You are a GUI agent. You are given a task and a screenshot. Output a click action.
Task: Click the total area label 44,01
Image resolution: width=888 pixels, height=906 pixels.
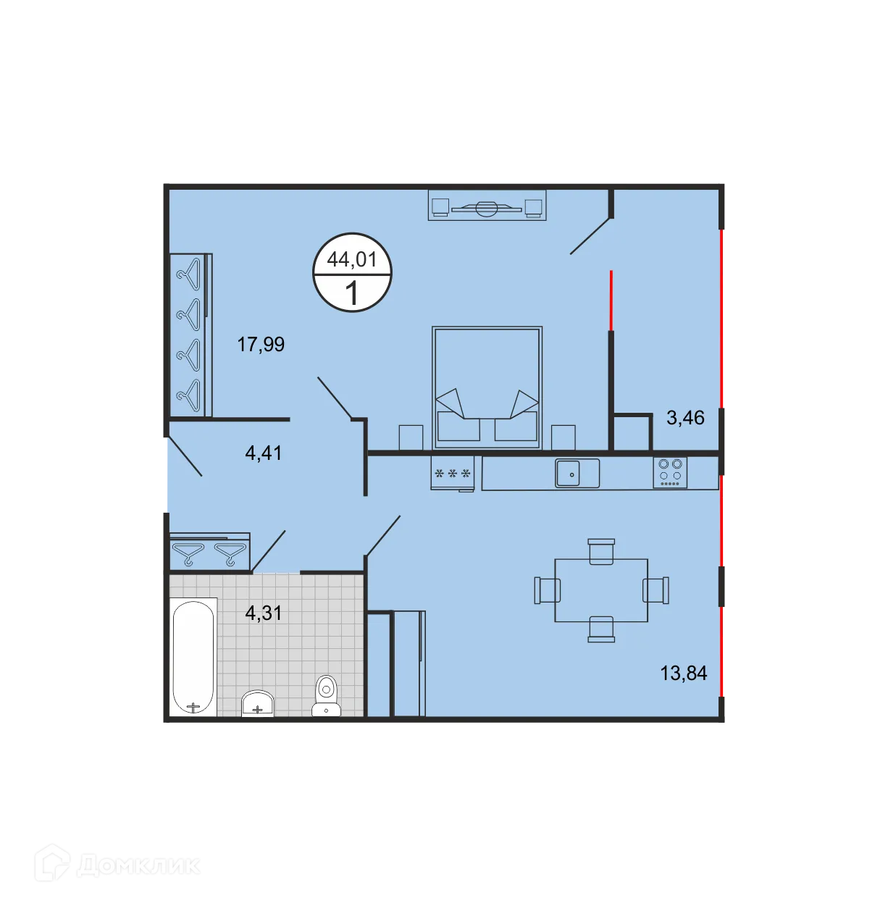(x=352, y=259)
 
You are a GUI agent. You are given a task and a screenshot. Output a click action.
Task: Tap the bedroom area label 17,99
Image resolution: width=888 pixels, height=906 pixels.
(x=261, y=344)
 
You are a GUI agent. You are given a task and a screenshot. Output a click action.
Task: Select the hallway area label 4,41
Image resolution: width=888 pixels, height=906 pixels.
(x=264, y=453)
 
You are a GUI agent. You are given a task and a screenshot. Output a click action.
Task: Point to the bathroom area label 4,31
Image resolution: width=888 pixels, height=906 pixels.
(x=264, y=613)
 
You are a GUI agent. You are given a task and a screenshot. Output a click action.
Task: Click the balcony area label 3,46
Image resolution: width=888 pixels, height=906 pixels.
(x=685, y=418)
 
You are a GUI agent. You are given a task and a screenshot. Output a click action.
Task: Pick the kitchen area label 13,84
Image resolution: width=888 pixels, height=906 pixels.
(x=683, y=674)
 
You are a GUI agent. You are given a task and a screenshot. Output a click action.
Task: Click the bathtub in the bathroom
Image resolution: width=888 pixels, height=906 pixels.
(x=193, y=657)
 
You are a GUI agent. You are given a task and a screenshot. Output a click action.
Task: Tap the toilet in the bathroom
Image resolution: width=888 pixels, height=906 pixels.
(x=327, y=696)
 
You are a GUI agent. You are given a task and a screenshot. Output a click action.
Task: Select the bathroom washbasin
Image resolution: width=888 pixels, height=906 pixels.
(x=257, y=703)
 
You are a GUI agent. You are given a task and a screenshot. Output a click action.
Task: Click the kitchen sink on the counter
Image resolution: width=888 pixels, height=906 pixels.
(x=577, y=474)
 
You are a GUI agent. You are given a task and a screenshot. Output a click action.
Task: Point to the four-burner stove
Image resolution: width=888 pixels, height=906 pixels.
(x=670, y=472)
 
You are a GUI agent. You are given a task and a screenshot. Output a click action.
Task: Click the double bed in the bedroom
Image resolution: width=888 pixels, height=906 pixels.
(x=487, y=387)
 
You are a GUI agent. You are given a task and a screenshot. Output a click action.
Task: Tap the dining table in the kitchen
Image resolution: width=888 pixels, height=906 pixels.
(x=601, y=590)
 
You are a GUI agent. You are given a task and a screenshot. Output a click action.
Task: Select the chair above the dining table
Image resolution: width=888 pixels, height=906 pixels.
(x=601, y=551)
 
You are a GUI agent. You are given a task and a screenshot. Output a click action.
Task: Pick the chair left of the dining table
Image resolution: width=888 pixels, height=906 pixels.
(x=548, y=590)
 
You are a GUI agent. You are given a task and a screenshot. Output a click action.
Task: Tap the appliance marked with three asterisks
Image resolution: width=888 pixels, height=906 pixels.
(x=453, y=474)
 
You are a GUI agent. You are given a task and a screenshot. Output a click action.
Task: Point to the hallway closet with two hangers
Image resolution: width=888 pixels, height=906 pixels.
(x=210, y=553)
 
